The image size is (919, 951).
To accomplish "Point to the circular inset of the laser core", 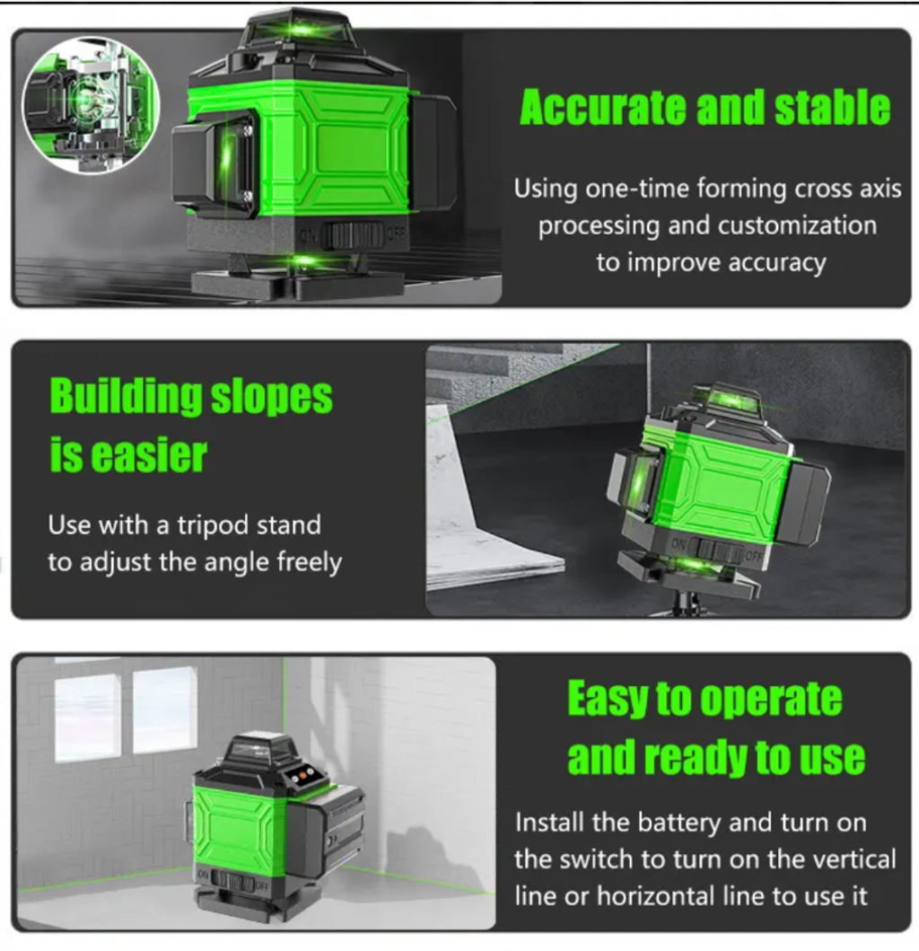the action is [91, 104].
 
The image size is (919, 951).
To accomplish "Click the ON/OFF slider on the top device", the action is [352, 234].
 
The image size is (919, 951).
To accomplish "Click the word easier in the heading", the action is [147, 455].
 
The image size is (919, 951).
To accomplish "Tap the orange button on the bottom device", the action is [302, 776].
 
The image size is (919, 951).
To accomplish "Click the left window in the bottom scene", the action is [87, 718].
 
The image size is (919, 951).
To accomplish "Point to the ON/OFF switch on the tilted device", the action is [718, 550].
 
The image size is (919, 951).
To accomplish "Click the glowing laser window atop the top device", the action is [299, 28].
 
